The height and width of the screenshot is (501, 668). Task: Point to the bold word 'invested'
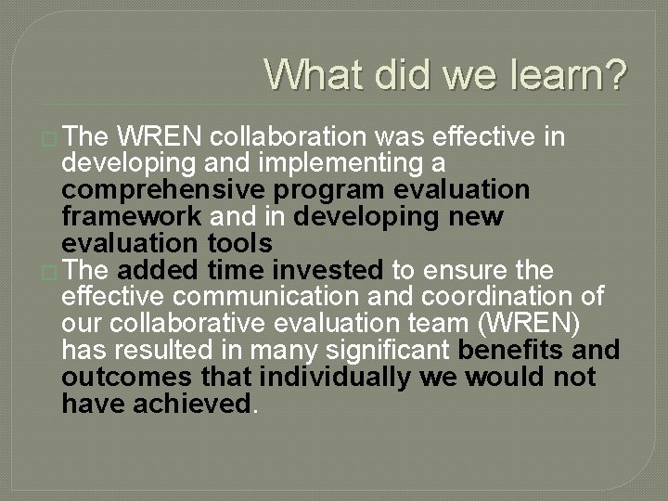[330, 270]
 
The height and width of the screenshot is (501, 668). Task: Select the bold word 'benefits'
[509, 351]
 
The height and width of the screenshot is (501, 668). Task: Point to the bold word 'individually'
[336, 378]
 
